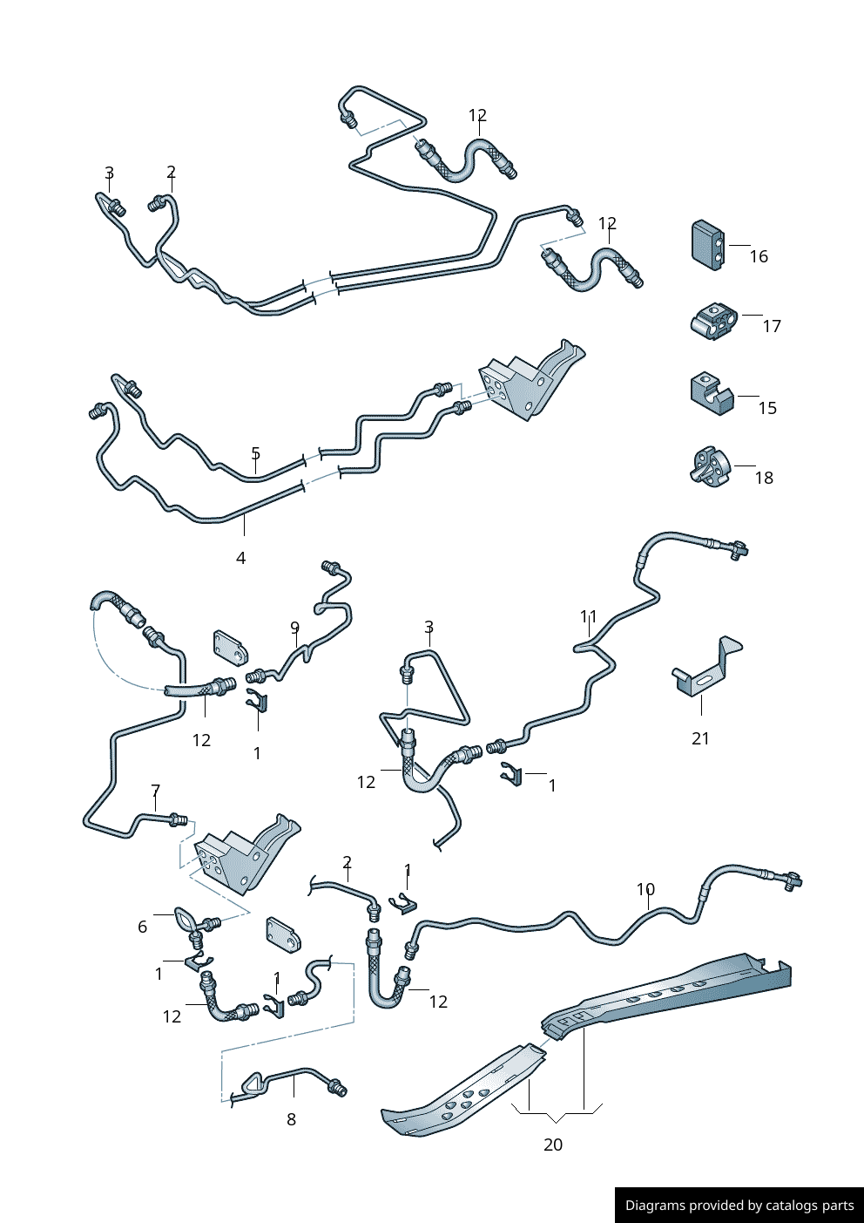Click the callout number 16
(x=759, y=256)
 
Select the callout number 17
(x=772, y=326)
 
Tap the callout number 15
(x=767, y=408)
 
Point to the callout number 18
(x=764, y=478)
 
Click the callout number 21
(x=700, y=738)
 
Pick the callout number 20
(x=553, y=1145)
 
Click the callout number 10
(x=645, y=889)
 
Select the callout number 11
(x=589, y=617)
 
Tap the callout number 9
(x=294, y=628)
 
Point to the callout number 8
(x=291, y=1119)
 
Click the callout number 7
(x=155, y=792)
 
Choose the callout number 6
(x=143, y=927)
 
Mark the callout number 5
(x=255, y=453)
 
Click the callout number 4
(x=240, y=558)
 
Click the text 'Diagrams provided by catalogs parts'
(x=739, y=1206)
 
